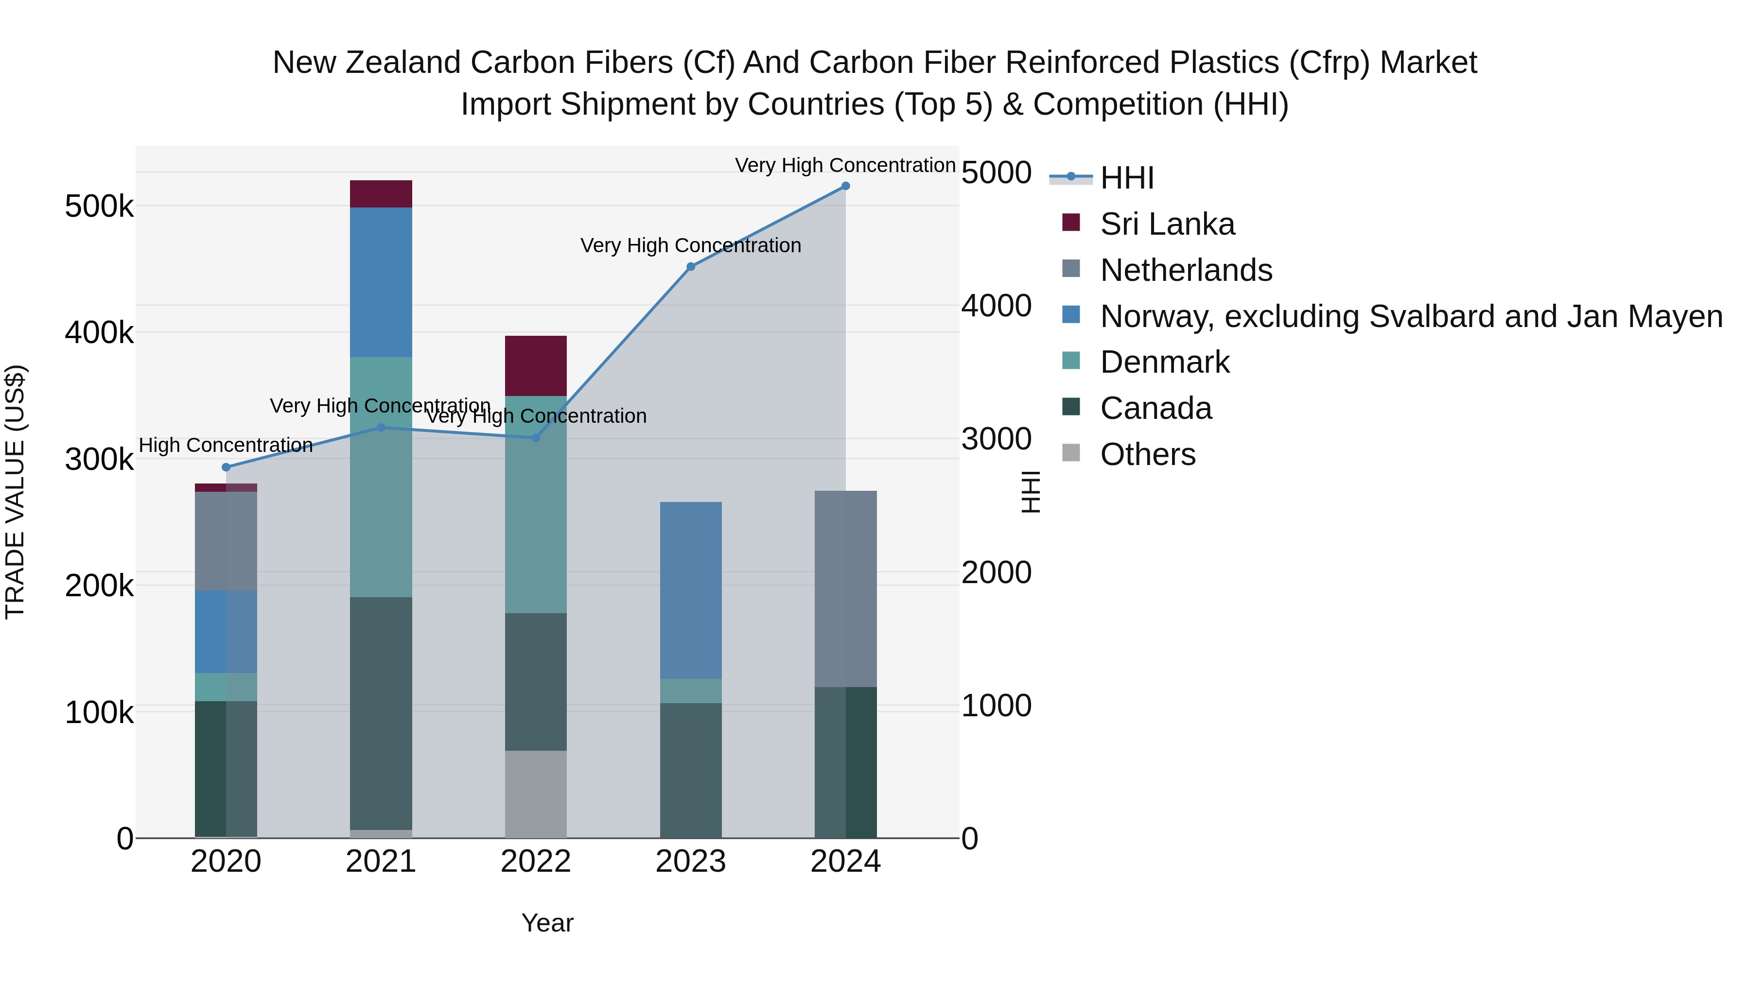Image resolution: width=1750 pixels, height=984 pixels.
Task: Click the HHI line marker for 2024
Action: (x=845, y=186)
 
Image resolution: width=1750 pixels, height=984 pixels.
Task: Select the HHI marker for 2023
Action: (x=691, y=267)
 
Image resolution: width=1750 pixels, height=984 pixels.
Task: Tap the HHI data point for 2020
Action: (x=226, y=467)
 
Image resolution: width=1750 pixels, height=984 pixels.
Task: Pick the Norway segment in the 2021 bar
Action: (x=381, y=282)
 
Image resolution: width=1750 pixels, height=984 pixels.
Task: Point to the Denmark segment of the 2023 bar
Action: (x=691, y=691)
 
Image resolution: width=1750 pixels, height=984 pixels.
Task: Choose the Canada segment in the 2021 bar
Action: (x=381, y=713)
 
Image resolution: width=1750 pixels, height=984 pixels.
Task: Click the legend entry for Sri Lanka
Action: (x=1167, y=224)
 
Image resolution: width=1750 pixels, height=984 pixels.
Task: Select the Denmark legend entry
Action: (x=1164, y=362)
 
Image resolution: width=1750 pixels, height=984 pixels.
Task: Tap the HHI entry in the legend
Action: (x=1126, y=178)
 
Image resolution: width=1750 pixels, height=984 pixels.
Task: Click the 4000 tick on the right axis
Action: (x=996, y=306)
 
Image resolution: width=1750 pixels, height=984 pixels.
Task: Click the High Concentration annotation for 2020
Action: (x=226, y=446)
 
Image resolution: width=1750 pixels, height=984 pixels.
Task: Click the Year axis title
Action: (x=547, y=923)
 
